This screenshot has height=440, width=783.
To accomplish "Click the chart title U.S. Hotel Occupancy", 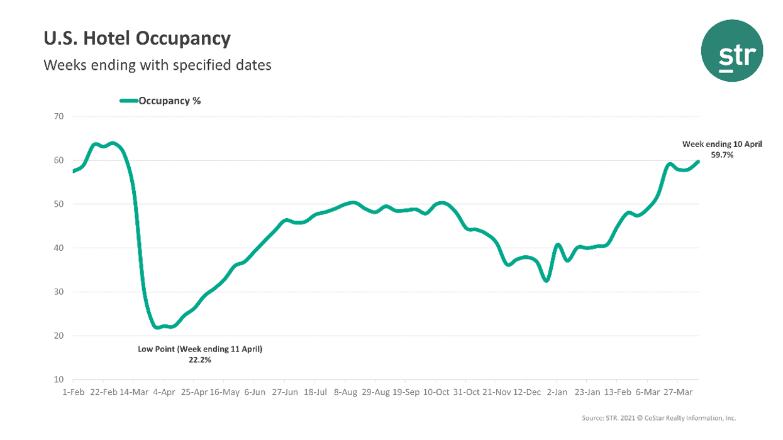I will coord(136,39).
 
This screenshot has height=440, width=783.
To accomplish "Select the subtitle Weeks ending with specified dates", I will coord(157,65).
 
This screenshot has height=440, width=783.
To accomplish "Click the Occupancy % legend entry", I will coord(160,101).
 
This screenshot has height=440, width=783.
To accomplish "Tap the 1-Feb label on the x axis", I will coord(74,392).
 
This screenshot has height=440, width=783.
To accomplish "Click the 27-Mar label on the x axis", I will coord(677,392).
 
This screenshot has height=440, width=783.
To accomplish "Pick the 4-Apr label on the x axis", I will coord(164,392).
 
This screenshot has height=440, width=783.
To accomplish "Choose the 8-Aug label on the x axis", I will coord(345,392).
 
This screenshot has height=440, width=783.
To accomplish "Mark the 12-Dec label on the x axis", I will coord(526,392).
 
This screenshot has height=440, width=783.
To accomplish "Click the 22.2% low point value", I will coord(200,360).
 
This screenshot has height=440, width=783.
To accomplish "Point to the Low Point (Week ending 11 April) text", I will coord(200,349).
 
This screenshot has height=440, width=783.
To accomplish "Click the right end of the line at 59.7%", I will coord(698,162).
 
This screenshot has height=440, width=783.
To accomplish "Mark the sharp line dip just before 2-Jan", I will coord(547,280).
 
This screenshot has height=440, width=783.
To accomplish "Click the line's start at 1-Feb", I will coord(74,171).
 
